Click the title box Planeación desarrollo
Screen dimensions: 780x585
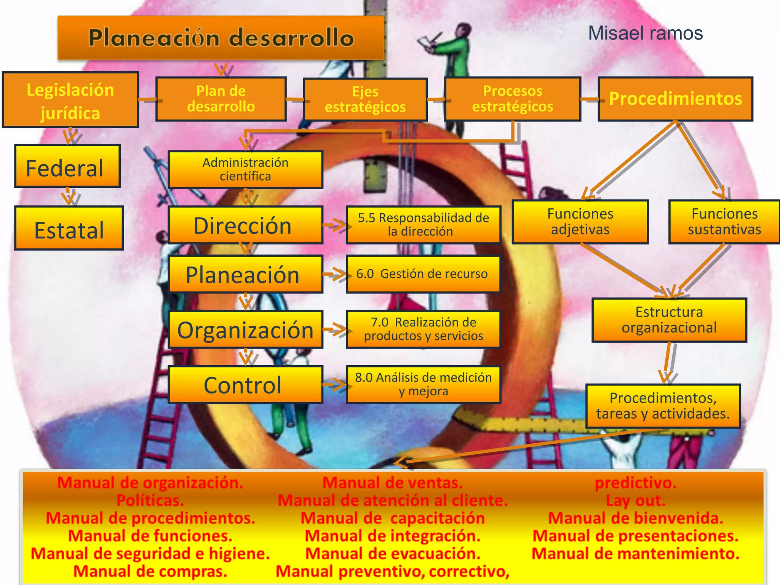coord(221,38)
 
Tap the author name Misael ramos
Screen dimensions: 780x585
coord(645,33)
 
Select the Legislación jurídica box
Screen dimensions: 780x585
coord(70,100)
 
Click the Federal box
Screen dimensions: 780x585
coord(67,166)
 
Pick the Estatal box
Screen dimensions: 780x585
coord(69,229)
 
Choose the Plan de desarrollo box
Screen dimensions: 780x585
coord(221,99)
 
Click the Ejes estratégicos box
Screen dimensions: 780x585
coord(365,99)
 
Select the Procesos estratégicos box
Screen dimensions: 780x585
coord(513,99)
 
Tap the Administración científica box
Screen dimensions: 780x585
coord(246,169)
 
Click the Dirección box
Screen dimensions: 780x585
coord(246,225)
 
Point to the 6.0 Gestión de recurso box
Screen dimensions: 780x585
coord(423,274)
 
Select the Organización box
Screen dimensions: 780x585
coord(246,329)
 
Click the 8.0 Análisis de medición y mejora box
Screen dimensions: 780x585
coord(423,384)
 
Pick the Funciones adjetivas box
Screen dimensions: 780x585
coord(580,222)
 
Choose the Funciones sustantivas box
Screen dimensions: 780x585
coord(724,222)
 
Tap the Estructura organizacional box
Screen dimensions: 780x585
coord(669,320)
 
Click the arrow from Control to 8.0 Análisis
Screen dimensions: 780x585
coord(335,385)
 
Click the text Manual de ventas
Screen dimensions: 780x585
coord(392,483)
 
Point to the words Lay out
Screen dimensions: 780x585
coord(635,500)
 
